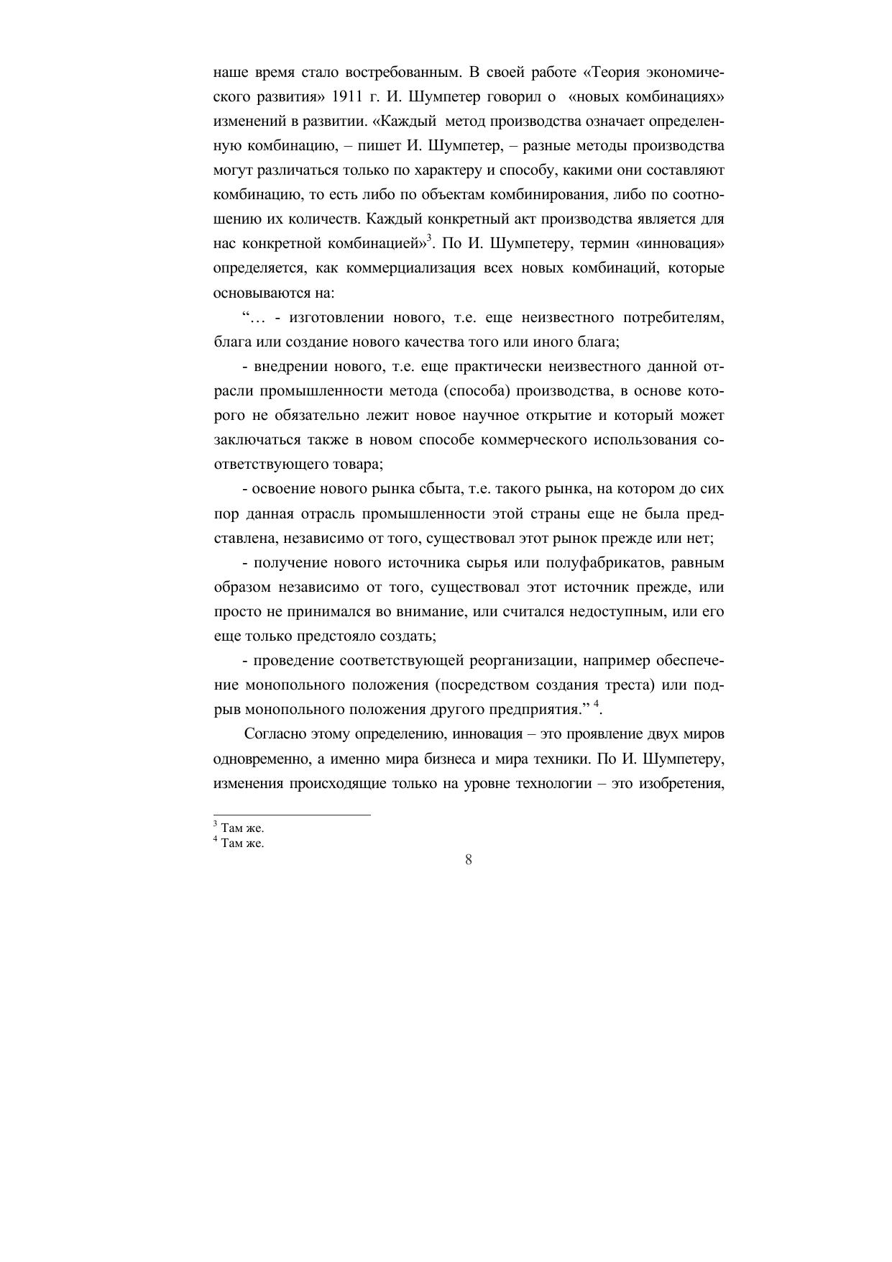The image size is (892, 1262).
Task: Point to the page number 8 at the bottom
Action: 469,860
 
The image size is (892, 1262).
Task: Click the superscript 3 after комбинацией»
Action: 429,238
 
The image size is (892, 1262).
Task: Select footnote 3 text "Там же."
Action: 242,828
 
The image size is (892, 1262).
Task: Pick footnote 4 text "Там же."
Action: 242,844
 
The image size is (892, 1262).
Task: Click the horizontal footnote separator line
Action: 293,815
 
